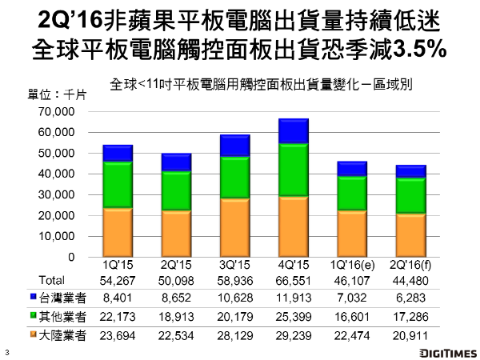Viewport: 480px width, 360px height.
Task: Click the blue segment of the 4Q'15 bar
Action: click(x=294, y=131)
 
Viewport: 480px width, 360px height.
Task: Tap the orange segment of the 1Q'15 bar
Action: click(x=118, y=232)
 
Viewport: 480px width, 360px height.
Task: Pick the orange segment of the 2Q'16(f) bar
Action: click(x=411, y=235)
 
